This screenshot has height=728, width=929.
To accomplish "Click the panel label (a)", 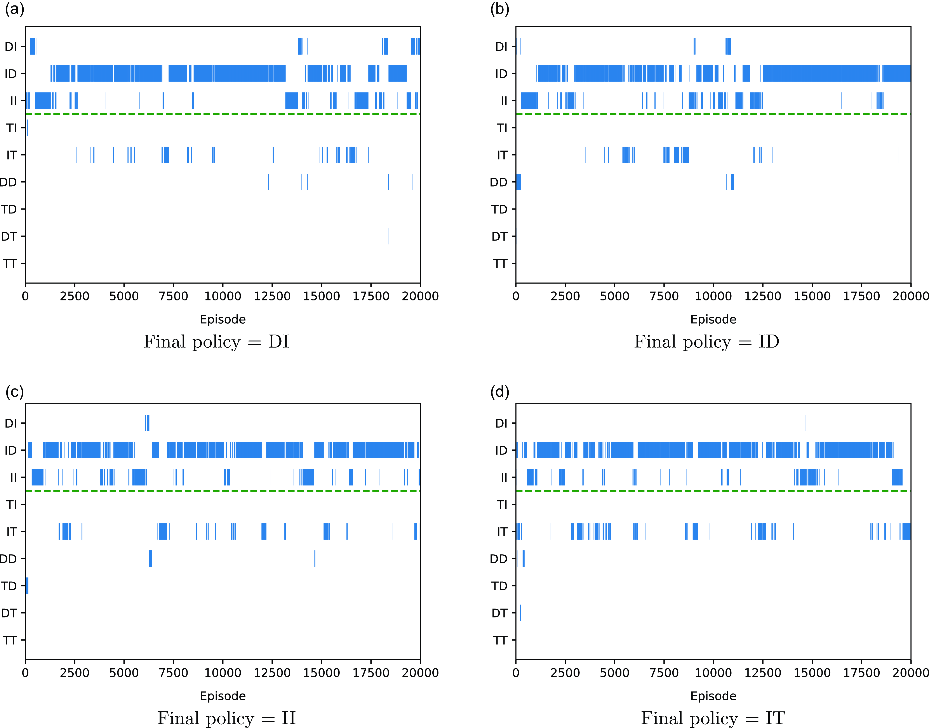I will [14, 9].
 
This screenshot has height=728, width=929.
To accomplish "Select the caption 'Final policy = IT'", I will [713, 718].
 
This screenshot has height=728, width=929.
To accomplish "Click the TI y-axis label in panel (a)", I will [12, 128].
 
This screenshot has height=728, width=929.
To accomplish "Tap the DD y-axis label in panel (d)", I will [498, 559].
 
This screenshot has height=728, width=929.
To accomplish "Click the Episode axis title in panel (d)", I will [713, 696].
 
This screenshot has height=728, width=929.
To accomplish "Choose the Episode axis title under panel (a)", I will [223, 319].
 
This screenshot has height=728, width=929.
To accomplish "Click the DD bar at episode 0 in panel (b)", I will [518, 182].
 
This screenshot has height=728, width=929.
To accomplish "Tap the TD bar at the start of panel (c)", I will [27, 586].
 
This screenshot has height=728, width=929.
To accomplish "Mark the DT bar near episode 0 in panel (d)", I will [520, 613].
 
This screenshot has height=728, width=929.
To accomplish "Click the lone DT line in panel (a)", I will [388, 236].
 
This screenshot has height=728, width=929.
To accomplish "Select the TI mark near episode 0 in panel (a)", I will [27, 128].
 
